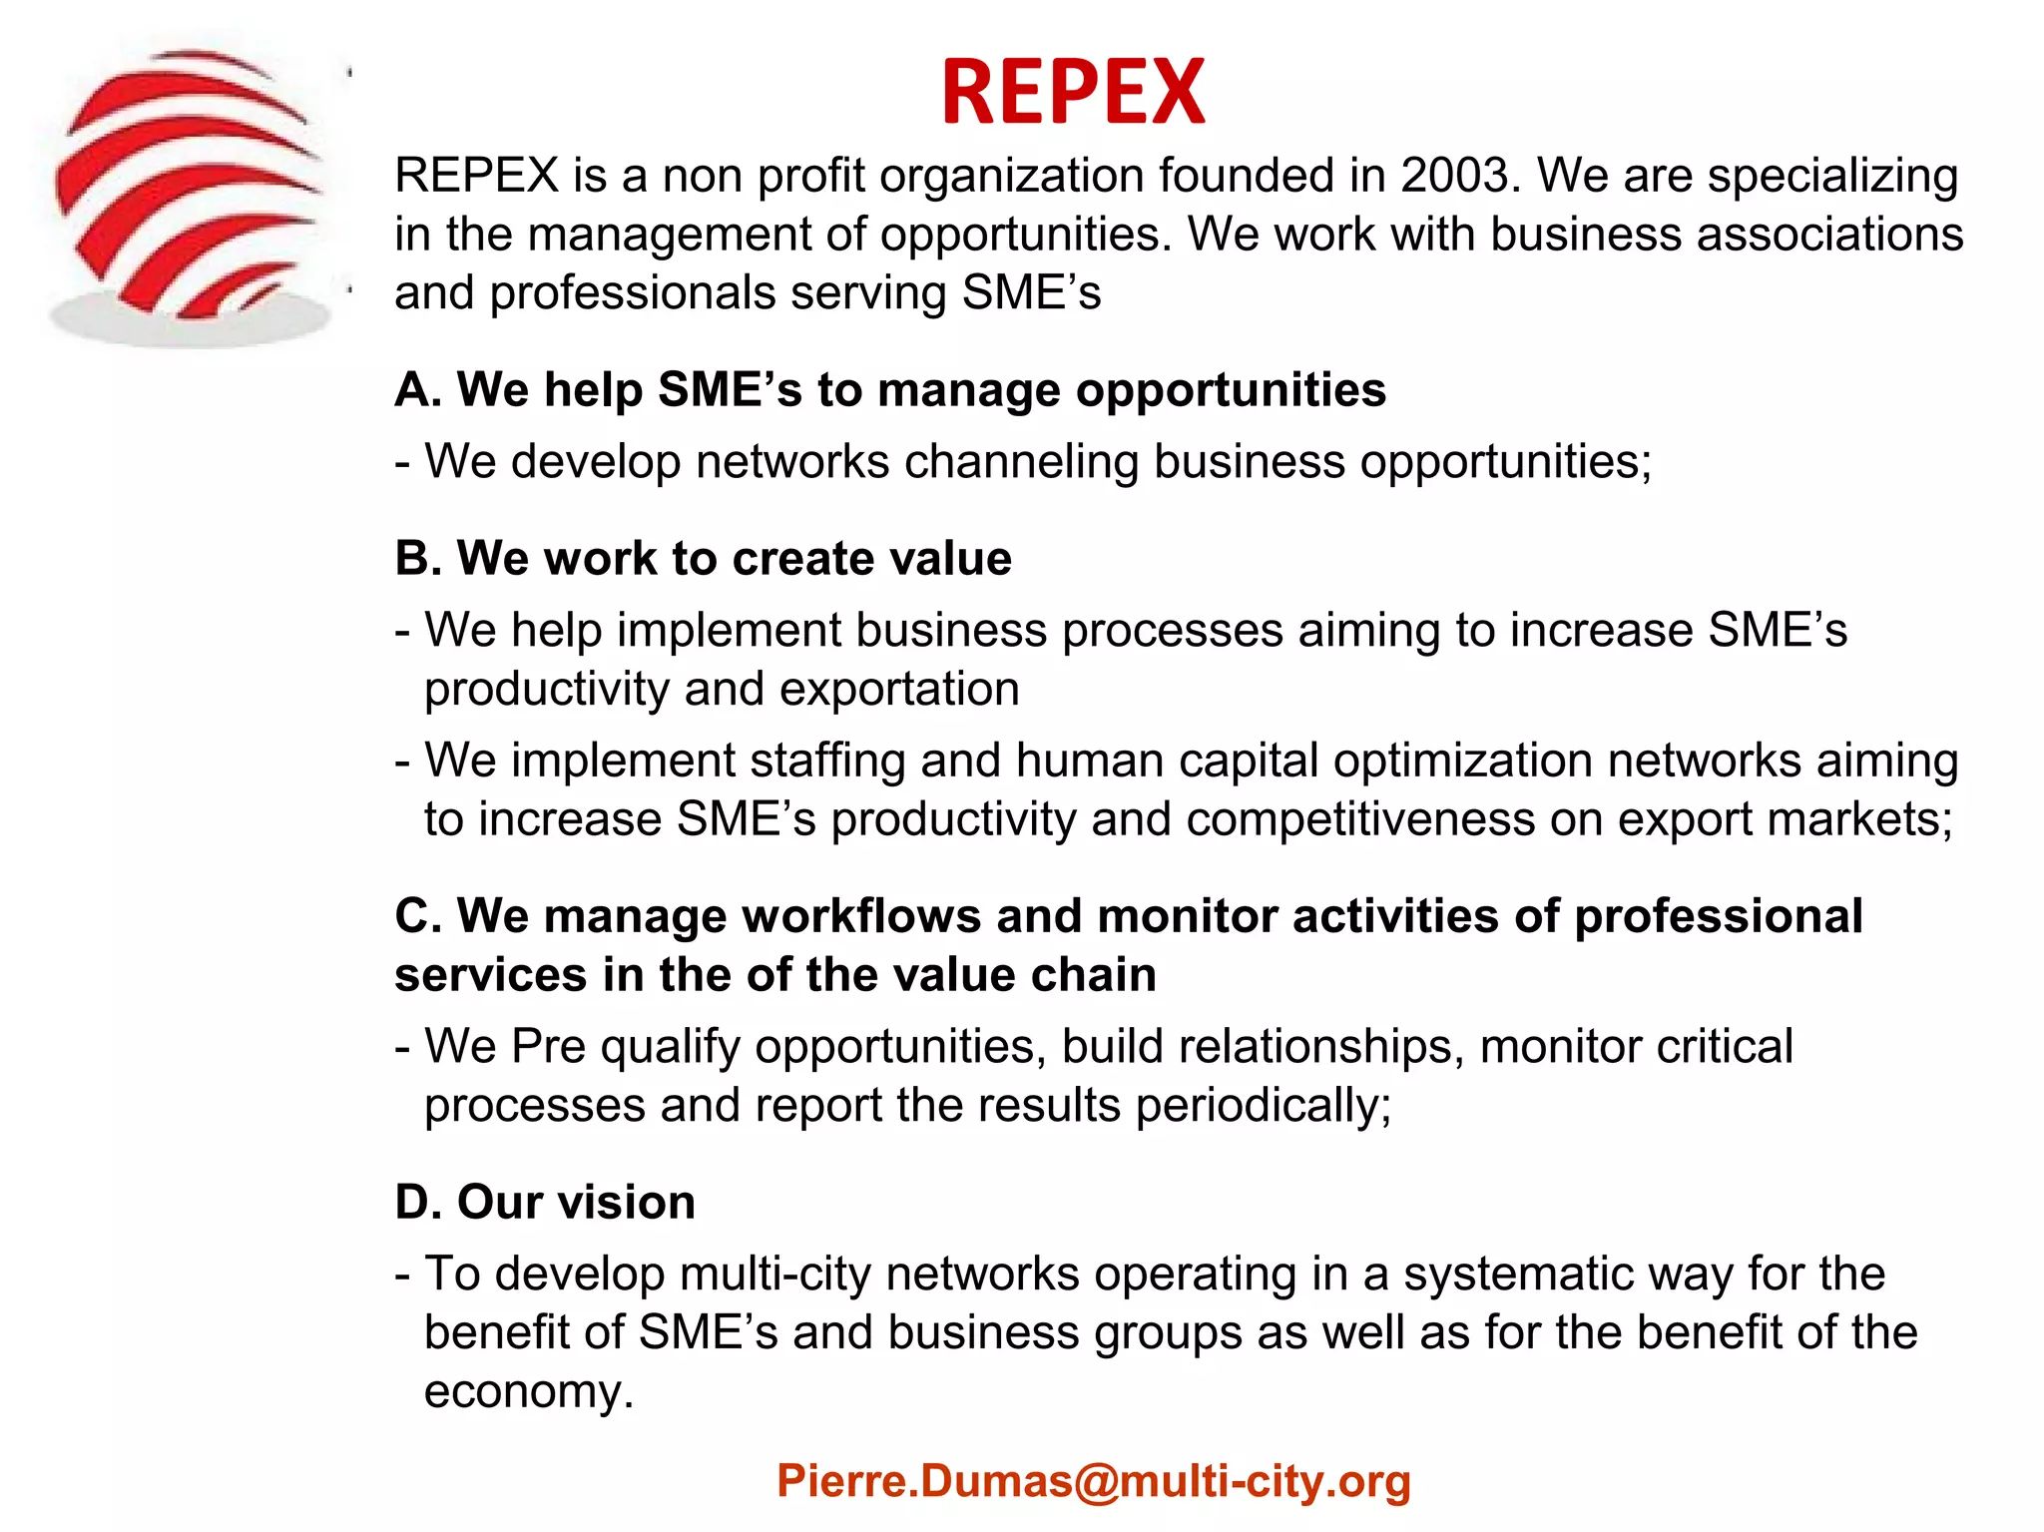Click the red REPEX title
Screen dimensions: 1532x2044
point(1073,92)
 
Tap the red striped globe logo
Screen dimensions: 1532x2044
point(190,190)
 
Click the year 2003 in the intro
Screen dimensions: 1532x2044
point(1460,176)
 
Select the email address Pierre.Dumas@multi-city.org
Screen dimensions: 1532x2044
point(1093,1481)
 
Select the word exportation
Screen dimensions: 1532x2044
point(899,689)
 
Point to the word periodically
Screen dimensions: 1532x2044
point(1263,1106)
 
